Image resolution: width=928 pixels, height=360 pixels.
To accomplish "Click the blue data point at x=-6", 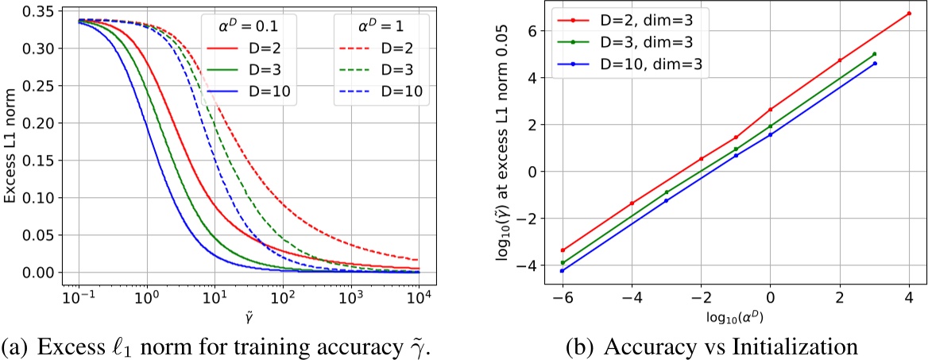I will click(563, 271).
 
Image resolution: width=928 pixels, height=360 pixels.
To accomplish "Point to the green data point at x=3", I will click(874, 54).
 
